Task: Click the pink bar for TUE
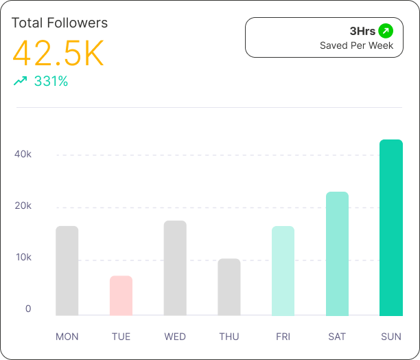pyautogui.click(x=121, y=295)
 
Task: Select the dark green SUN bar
pyautogui.click(x=391, y=227)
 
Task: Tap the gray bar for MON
pyautogui.click(x=67, y=271)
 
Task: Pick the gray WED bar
pyautogui.click(x=175, y=268)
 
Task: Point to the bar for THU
pyautogui.click(x=229, y=287)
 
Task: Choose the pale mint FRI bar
pyautogui.click(x=283, y=271)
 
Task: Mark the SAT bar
pyautogui.click(x=337, y=254)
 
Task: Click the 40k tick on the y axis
pyautogui.click(x=24, y=154)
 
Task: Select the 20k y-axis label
pyautogui.click(x=24, y=206)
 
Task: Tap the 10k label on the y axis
pyautogui.click(x=24, y=258)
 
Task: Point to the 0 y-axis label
pyautogui.click(x=28, y=309)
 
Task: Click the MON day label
pyautogui.click(x=67, y=337)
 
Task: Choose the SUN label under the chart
pyautogui.click(x=391, y=337)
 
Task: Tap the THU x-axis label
pyautogui.click(x=229, y=337)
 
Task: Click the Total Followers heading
pyautogui.click(x=60, y=23)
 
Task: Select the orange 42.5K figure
pyautogui.click(x=58, y=53)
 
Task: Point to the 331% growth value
pyautogui.click(x=51, y=81)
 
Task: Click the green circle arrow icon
pyautogui.click(x=386, y=31)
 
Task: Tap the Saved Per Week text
pyautogui.click(x=357, y=46)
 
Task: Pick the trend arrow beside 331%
pyautogui.click(x=21, y=81)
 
